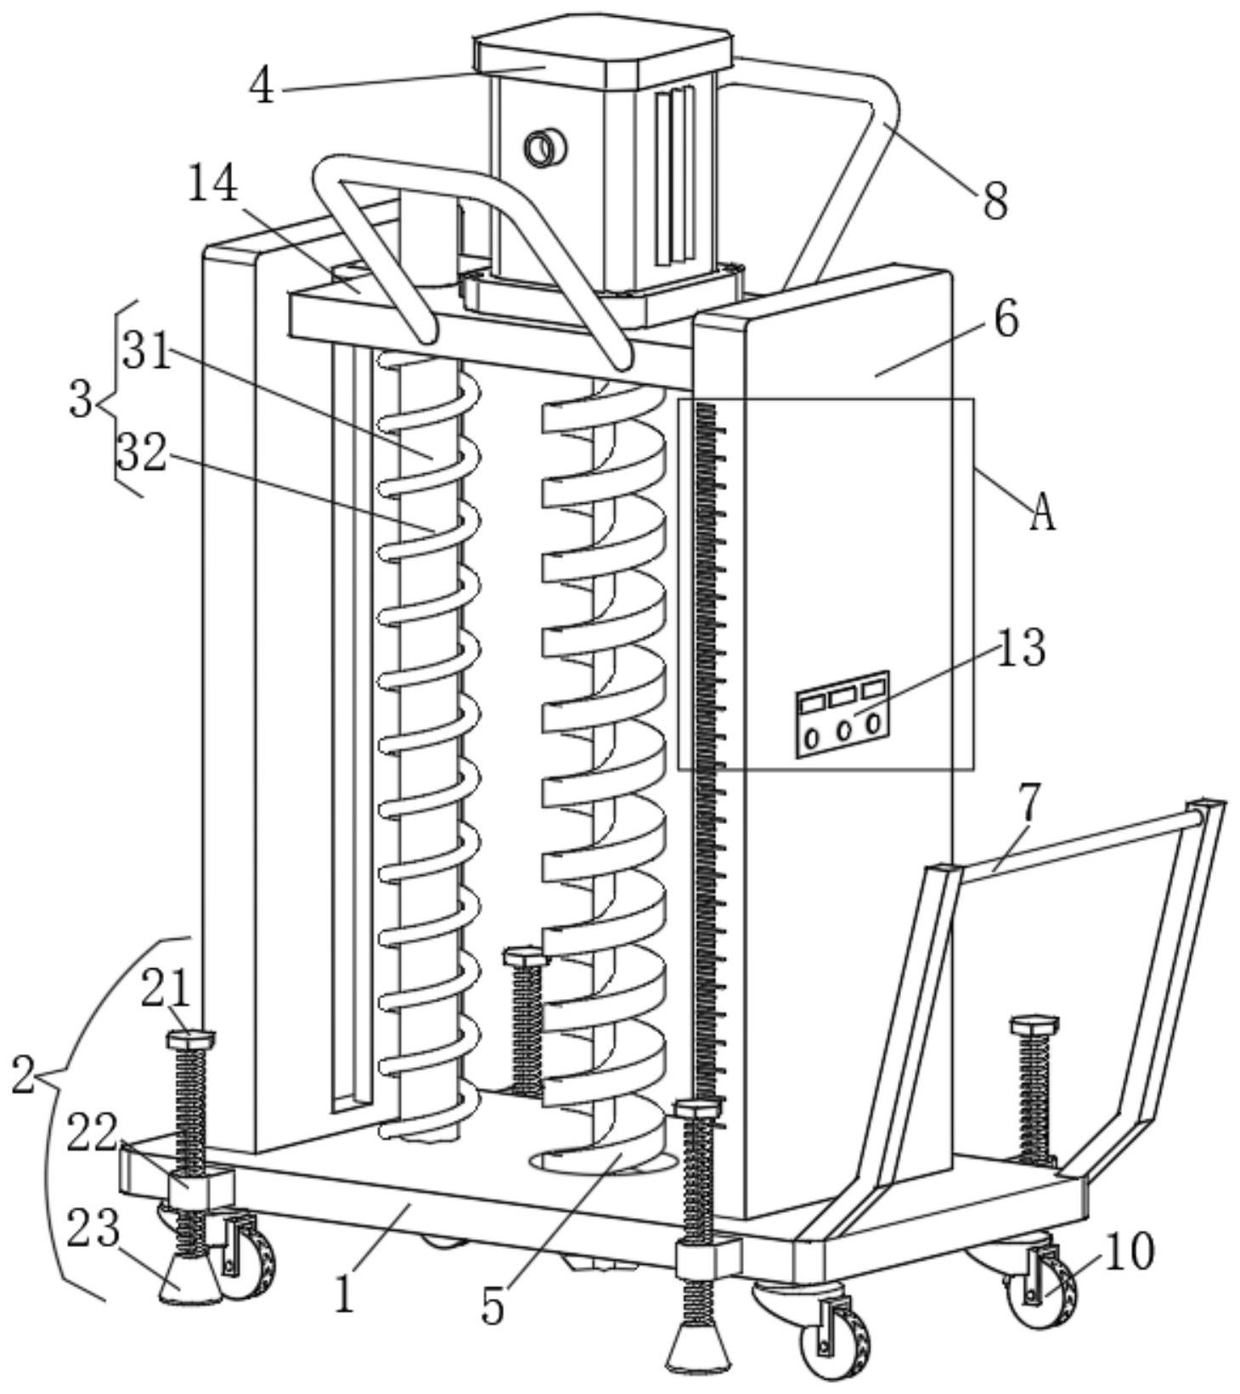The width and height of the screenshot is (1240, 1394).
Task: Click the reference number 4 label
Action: (262, 86)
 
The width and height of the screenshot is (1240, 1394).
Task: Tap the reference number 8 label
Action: (995, 201)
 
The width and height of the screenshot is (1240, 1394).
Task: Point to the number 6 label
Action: (1006, 320)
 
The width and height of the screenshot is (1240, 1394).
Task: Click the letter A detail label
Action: (1042, 512)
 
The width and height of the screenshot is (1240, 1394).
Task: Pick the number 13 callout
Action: (1020, 648)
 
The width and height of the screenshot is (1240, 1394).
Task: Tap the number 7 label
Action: (1029, 803)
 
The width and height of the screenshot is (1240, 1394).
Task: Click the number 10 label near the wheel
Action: (1129, 1251)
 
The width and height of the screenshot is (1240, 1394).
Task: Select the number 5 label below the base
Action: (493, 1307)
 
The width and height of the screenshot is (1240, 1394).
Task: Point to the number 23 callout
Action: (93, 1229)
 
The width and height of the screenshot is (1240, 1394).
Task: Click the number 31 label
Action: (147, 350)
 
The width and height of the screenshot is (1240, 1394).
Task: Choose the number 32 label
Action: (141, 452)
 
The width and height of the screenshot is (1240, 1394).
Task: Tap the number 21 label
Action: (166, 989)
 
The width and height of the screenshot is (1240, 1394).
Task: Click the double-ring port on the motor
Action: (544, 149)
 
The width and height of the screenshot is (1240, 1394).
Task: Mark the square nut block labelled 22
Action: (200, 1188)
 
